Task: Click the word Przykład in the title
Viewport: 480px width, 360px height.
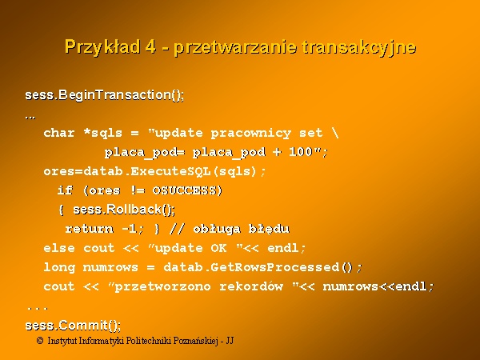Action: pyautogui.click(x=102, y=47)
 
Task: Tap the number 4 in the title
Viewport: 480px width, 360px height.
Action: pyautogui.click(x=150, y=46)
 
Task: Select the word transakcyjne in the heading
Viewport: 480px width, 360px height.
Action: pyautogui.click(x=358, y=48)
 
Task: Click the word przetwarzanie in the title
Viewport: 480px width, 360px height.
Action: pyautogui.click(x=235, y=48)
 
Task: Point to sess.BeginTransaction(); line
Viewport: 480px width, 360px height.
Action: pyautogui.click(x=105, y=95)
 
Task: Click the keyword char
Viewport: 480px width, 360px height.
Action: pyautogui.click(x=59, y=133)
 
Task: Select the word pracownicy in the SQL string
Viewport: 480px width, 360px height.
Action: pyautogui.click(x=251, y=134)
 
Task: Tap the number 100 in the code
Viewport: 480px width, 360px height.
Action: pyautogui.click(x=301, y=151)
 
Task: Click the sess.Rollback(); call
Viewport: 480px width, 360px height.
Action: pyautogui.click(x=124, y=210)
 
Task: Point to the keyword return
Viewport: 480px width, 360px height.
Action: pyautogui.click(x=89, y=229)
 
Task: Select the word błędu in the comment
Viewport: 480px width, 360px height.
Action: pyautogui.click(x=269, y=230)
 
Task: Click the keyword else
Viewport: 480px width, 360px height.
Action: pyautogui.click(x=59, y=248)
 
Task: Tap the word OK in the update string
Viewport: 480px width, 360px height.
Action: pyautogui.click(x=218, y=248)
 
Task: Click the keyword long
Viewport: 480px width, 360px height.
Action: pyautogui.click(x=59, y=267)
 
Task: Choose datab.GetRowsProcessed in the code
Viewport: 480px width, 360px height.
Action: pyautogui.click(x=252, y=267)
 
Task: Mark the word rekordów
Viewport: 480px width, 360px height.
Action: pyautogui.click(x=251, y=286)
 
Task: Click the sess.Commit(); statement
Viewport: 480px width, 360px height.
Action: pyautogui.click(x=73, y=326)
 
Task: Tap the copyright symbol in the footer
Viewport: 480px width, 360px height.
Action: pyautogui.click(x=40, y=341)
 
